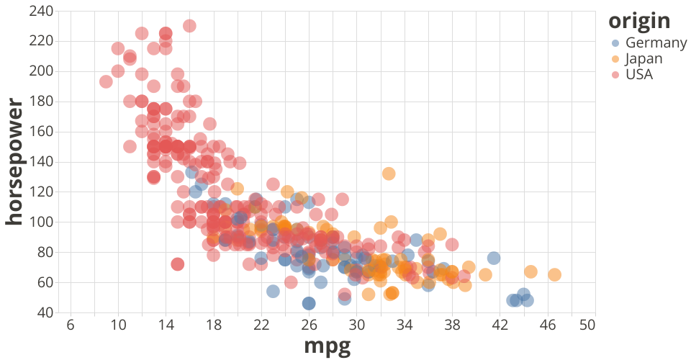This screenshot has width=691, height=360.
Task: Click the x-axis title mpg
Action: tap(328, 346)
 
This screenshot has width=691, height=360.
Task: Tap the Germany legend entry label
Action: tap(656, 42)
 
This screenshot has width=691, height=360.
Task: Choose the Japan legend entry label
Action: tap(644, 58)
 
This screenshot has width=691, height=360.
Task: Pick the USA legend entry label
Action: tap(639, 74)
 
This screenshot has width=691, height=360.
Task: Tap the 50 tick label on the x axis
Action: tap(587, 325)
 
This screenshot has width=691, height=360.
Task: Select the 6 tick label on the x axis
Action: tap(71, 325)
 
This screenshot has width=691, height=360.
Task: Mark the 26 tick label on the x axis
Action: tap(309, 325)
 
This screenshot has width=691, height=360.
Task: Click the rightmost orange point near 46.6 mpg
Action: tap(554, 274)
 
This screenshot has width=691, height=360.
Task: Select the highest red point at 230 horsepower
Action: tap(189, 26)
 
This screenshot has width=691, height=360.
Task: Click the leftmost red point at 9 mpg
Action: tap(106, 81)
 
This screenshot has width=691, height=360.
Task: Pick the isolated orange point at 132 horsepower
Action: tap(389, 174)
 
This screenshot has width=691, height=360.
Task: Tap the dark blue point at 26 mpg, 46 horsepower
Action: tap(309, 303)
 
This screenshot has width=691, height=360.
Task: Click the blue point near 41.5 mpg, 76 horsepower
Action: tap(494, 258)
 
